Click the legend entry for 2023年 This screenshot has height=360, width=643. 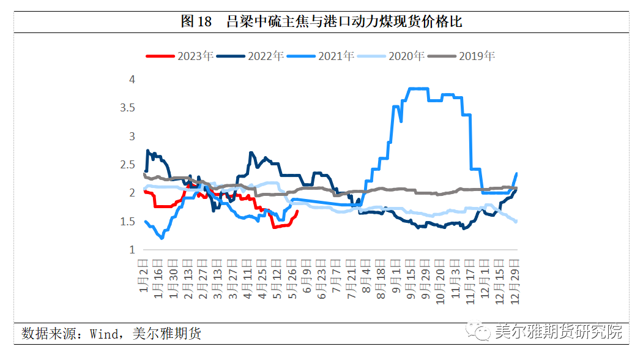coord(180,56)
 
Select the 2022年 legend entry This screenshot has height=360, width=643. coord(250,56)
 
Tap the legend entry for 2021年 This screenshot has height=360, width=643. coord(321,56)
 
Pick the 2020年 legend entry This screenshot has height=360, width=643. coord(391,56)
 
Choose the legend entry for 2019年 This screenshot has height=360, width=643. coord(461,56)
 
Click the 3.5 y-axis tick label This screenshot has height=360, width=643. coord(127,108)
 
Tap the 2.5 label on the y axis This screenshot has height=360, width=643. coord(127,165)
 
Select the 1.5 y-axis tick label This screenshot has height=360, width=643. coord(127,222)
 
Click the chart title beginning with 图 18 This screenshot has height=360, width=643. coord(321,22)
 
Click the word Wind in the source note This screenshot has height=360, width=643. coord(105,334)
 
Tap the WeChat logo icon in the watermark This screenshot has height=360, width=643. coord(479,332)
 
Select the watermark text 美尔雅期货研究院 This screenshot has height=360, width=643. coord(558,332)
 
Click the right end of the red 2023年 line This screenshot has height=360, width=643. coord(297,212)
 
